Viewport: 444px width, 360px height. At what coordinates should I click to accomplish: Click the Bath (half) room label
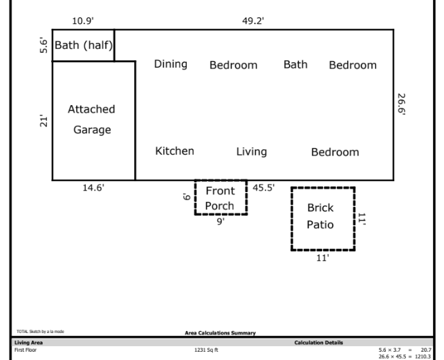tap(84, 46)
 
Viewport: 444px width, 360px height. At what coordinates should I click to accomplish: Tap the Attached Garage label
tap(91, 120)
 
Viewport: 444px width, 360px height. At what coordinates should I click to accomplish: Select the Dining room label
tap(170, 64)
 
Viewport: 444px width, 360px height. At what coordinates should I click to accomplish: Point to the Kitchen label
tap(175, 151)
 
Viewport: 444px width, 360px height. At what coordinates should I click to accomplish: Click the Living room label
tap(252, 152)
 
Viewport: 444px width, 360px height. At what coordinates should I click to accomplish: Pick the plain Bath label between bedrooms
tap(295, 64)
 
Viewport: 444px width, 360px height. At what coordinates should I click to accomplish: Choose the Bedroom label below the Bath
tap(335, 152)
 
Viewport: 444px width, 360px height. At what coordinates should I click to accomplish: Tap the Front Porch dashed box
tap(195, 197)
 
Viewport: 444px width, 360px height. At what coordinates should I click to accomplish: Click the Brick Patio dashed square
tap(292, 218)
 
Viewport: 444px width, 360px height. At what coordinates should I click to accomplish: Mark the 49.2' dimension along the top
tap(253, 21)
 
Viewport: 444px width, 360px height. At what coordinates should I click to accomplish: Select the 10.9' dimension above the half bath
tap(83, 21)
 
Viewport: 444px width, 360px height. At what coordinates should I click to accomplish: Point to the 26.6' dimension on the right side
tap(401, 104)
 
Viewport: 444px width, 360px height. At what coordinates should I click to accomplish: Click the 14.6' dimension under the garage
tap(93, 188)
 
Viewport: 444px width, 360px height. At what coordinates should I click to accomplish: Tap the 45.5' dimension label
tap(263, 188)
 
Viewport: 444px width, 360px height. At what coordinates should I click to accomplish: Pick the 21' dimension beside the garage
tap(44, 121)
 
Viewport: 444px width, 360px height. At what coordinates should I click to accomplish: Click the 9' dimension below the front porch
tap(221, 221)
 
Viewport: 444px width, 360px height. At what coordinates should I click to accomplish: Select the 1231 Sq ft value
tap(206, 350)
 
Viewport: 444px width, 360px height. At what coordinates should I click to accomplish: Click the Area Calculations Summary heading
tap(221, 333)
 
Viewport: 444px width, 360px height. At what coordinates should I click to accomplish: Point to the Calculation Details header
tap(319, 343)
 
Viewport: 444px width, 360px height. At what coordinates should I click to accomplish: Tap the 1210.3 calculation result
tap(423, 357)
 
